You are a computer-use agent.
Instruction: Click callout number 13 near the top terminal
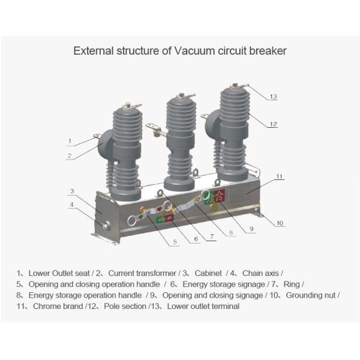coord(273,97)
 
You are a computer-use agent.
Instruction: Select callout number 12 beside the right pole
coord(273,125)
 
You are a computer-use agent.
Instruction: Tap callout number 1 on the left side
coord(70,142)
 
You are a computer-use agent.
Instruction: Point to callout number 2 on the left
coord(70,156)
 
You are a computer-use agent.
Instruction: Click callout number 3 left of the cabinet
coord(71,191)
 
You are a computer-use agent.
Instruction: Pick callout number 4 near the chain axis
coord(71,205)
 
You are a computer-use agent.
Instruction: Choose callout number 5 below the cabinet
coord(175,242)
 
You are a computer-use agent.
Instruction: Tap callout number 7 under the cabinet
coord(211,237)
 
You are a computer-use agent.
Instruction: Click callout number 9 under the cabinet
coord(252,229)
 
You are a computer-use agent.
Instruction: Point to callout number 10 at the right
coord(280,224)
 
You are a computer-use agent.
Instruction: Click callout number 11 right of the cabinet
coord(279,177)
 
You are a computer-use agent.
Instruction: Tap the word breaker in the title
coord(269,51)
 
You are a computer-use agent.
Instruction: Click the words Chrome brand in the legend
coord(55,307)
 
